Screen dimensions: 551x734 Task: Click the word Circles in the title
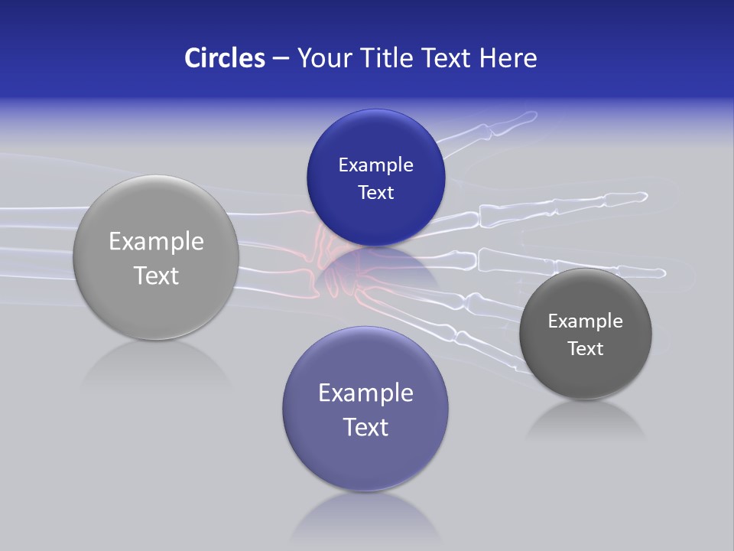[x=224, y=58]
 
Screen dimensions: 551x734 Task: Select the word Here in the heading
[x=508, y=58]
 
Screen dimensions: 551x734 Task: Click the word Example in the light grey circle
[x=156, y=242]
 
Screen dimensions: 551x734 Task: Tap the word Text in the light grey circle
[x=156, y=275]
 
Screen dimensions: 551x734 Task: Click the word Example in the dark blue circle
[x=375, y=165]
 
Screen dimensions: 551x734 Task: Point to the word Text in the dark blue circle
[x=375, y=193]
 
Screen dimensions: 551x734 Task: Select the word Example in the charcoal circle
[x=585, y=321]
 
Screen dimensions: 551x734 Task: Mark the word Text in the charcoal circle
[x=585, y=349]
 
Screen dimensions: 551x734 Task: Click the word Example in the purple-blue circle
[x=365, y=393]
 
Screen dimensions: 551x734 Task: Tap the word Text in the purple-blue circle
[x=365, y=427]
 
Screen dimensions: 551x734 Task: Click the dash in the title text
[x=281, y=59]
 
